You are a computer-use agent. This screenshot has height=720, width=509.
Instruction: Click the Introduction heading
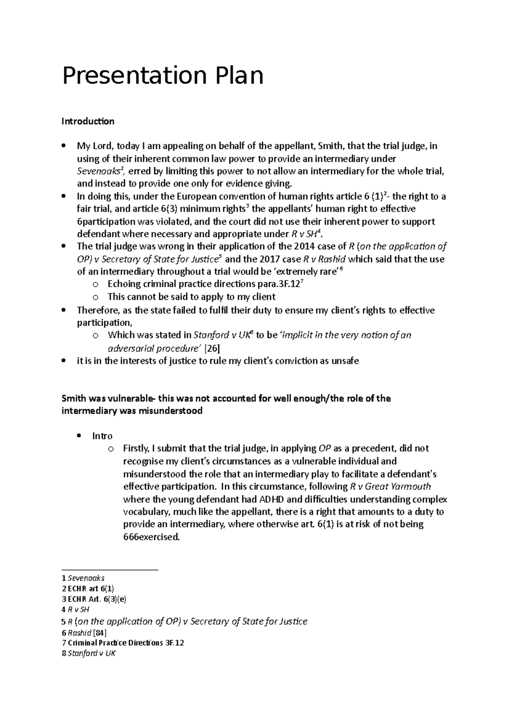click(x=88, y=122)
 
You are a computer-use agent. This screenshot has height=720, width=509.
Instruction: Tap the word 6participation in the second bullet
click(x=105, y=222)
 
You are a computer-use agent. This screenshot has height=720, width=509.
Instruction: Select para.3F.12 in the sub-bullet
click(x=275, y=285)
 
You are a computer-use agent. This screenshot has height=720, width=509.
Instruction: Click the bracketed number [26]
click(x=212, y=349)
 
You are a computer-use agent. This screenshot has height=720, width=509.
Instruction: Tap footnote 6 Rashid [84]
click(x=84, y=633)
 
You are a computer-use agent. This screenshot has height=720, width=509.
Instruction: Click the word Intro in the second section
click(x=102, y=436)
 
